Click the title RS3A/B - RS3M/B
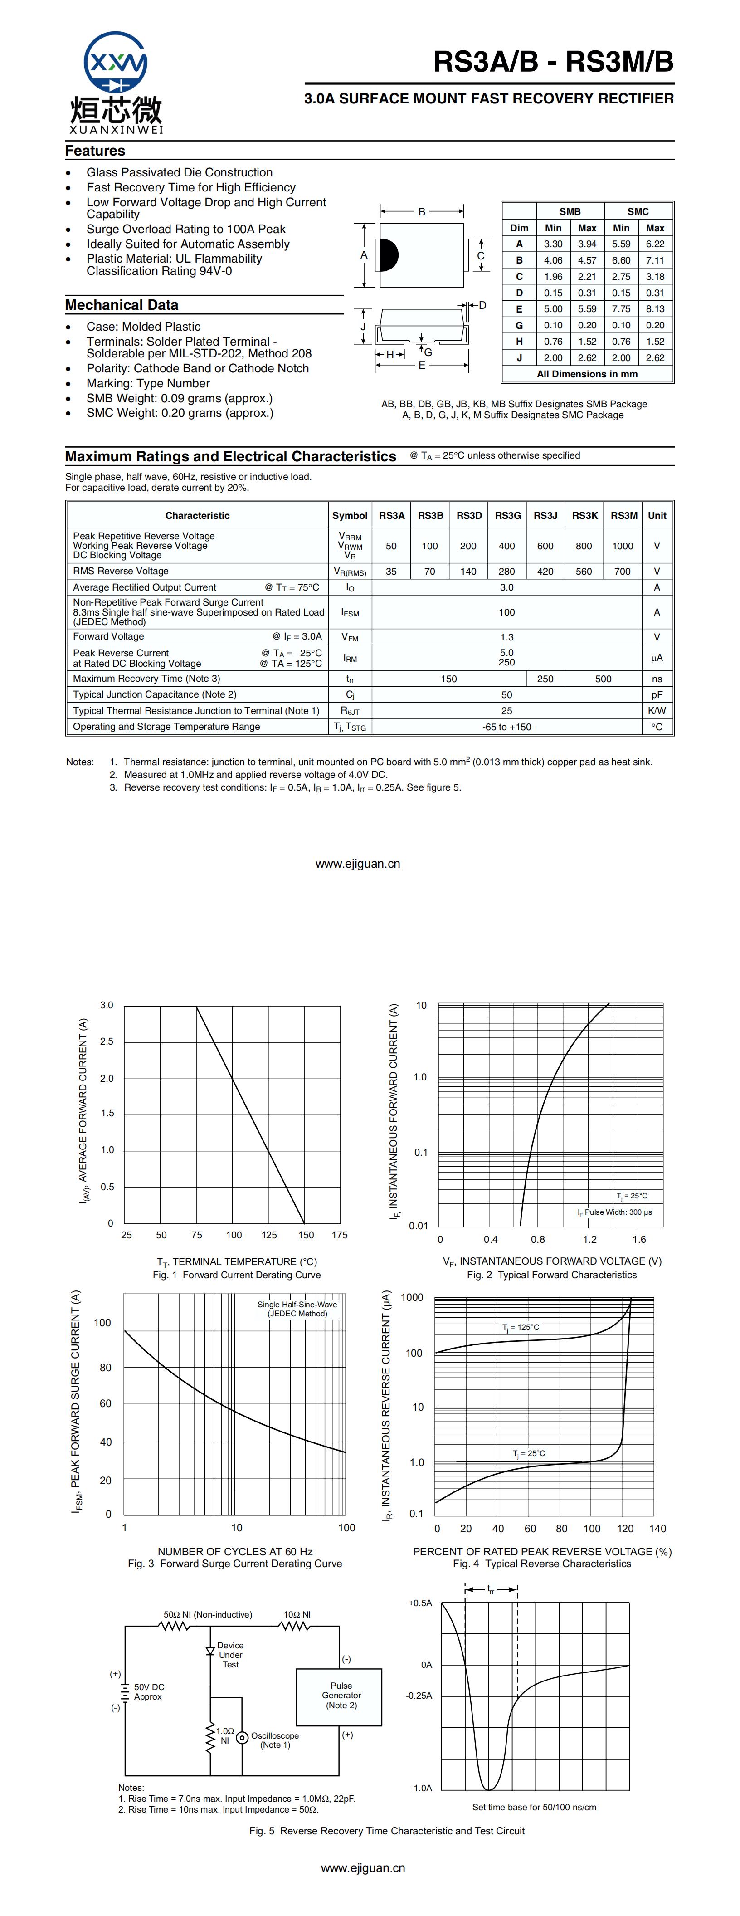click(x=553, y=62)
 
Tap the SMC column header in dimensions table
click(x=638, y=211)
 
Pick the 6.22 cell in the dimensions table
click(x=654, y=244)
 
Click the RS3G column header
click(x=507, y=515)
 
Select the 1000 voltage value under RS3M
click(x=623, y=546)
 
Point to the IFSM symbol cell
click(x=350, y=612)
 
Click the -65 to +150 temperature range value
click(x=506, y=727)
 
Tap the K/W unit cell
click(x=657, y=710)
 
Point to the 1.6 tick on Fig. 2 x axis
click(x=639, y=1239)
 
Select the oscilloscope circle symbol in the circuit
click(x=242, y=1737)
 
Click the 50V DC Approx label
click(x=149, y=1691)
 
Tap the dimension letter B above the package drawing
click(x=422, y=212)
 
